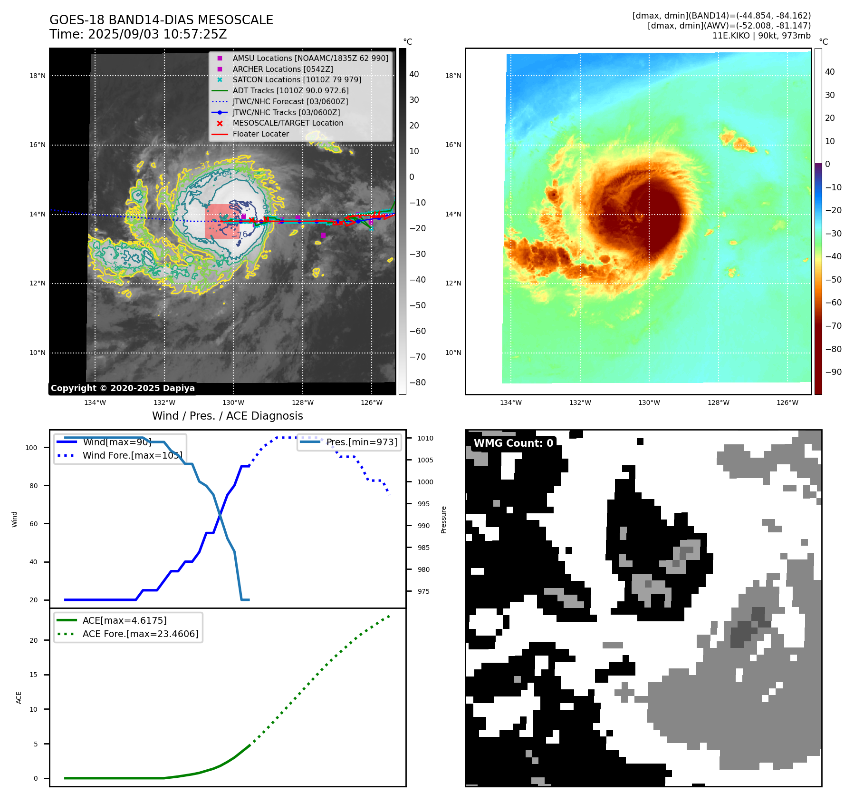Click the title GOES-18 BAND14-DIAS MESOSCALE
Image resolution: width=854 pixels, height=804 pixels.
(x=161, y=20)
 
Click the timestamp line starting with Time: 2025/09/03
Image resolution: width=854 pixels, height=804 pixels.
(x=138, y=34)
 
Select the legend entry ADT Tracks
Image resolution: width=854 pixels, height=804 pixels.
(x=290, y=90)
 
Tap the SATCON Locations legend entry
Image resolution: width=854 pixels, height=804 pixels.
(x=297, y=79)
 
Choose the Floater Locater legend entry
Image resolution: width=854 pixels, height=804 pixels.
(x=260, y=134)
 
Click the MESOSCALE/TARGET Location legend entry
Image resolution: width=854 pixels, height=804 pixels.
(x=288, y=123)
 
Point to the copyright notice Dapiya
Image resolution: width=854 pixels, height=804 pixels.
(x=123, y=388)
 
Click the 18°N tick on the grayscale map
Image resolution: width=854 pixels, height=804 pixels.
(x=38, y=76)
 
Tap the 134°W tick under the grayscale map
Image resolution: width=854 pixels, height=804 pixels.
(x=95, y=402)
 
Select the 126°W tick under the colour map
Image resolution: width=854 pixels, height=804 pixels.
(x=787, y=402)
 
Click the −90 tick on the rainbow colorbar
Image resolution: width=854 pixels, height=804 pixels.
(x=833, y=372)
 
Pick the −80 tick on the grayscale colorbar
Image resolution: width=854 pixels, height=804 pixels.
(x=418, y=382)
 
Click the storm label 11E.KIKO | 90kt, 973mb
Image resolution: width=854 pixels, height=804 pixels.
(x=761, y=36)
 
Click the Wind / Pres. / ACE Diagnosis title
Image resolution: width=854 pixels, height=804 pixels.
(x=227, y=416)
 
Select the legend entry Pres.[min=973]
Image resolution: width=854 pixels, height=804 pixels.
(x=361, y=442)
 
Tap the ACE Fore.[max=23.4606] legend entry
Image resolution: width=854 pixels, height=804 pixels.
(x=140, y=634)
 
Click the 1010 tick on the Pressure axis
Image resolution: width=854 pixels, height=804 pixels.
(x=425, y=438)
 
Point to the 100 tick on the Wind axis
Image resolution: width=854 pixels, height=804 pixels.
(x=31, y=448)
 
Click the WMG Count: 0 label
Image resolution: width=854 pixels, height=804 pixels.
(x=513, y=443)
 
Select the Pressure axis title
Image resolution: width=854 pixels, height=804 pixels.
(x=443, y=520)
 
